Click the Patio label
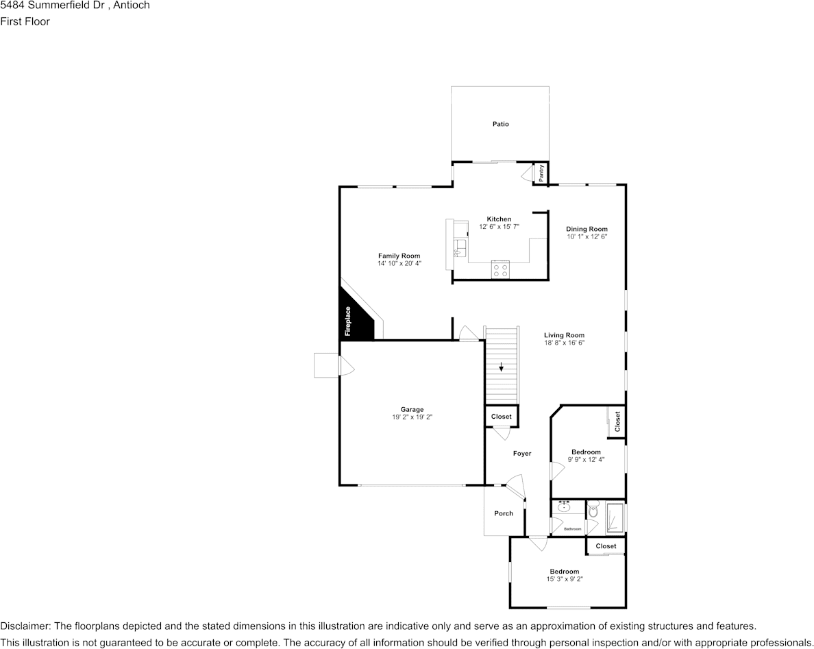500,124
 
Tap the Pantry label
541,173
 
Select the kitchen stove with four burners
500,270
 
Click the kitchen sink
460,246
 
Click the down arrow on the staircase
502,367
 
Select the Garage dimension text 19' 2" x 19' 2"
412,417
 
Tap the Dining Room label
587,229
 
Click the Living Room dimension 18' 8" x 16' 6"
564,343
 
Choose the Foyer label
522,453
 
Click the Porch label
504,513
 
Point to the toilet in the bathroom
593,511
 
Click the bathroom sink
565,508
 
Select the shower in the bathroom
615,517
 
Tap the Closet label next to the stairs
501,417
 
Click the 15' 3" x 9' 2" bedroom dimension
564,579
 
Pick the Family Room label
399,256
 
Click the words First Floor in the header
25,21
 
